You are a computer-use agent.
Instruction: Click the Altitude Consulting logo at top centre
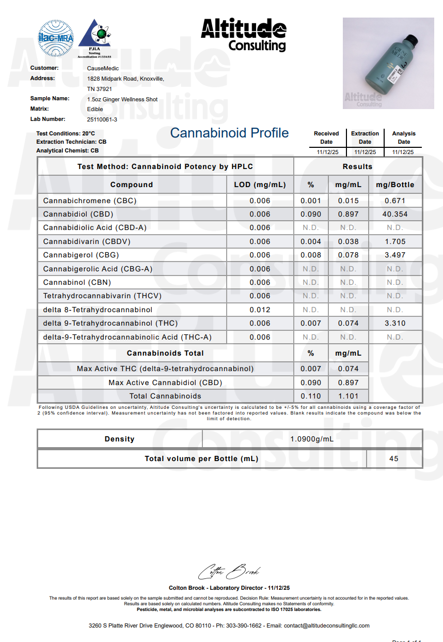243,35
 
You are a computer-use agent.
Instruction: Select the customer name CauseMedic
103,68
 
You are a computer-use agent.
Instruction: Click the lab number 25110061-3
102,119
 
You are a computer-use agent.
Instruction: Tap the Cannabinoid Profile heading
229,133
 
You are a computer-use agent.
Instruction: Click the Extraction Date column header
365,137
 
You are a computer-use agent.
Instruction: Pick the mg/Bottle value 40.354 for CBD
395,214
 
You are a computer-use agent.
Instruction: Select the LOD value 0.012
260,310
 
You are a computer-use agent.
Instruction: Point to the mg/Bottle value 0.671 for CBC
395,201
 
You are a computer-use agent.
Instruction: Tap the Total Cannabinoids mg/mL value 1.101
348,396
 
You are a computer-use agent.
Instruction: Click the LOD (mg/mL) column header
260,185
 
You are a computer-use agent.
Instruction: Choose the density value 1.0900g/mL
312,439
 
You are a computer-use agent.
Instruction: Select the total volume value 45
394,458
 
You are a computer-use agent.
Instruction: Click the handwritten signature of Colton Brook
229,571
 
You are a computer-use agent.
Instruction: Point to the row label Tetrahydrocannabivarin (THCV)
102,296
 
